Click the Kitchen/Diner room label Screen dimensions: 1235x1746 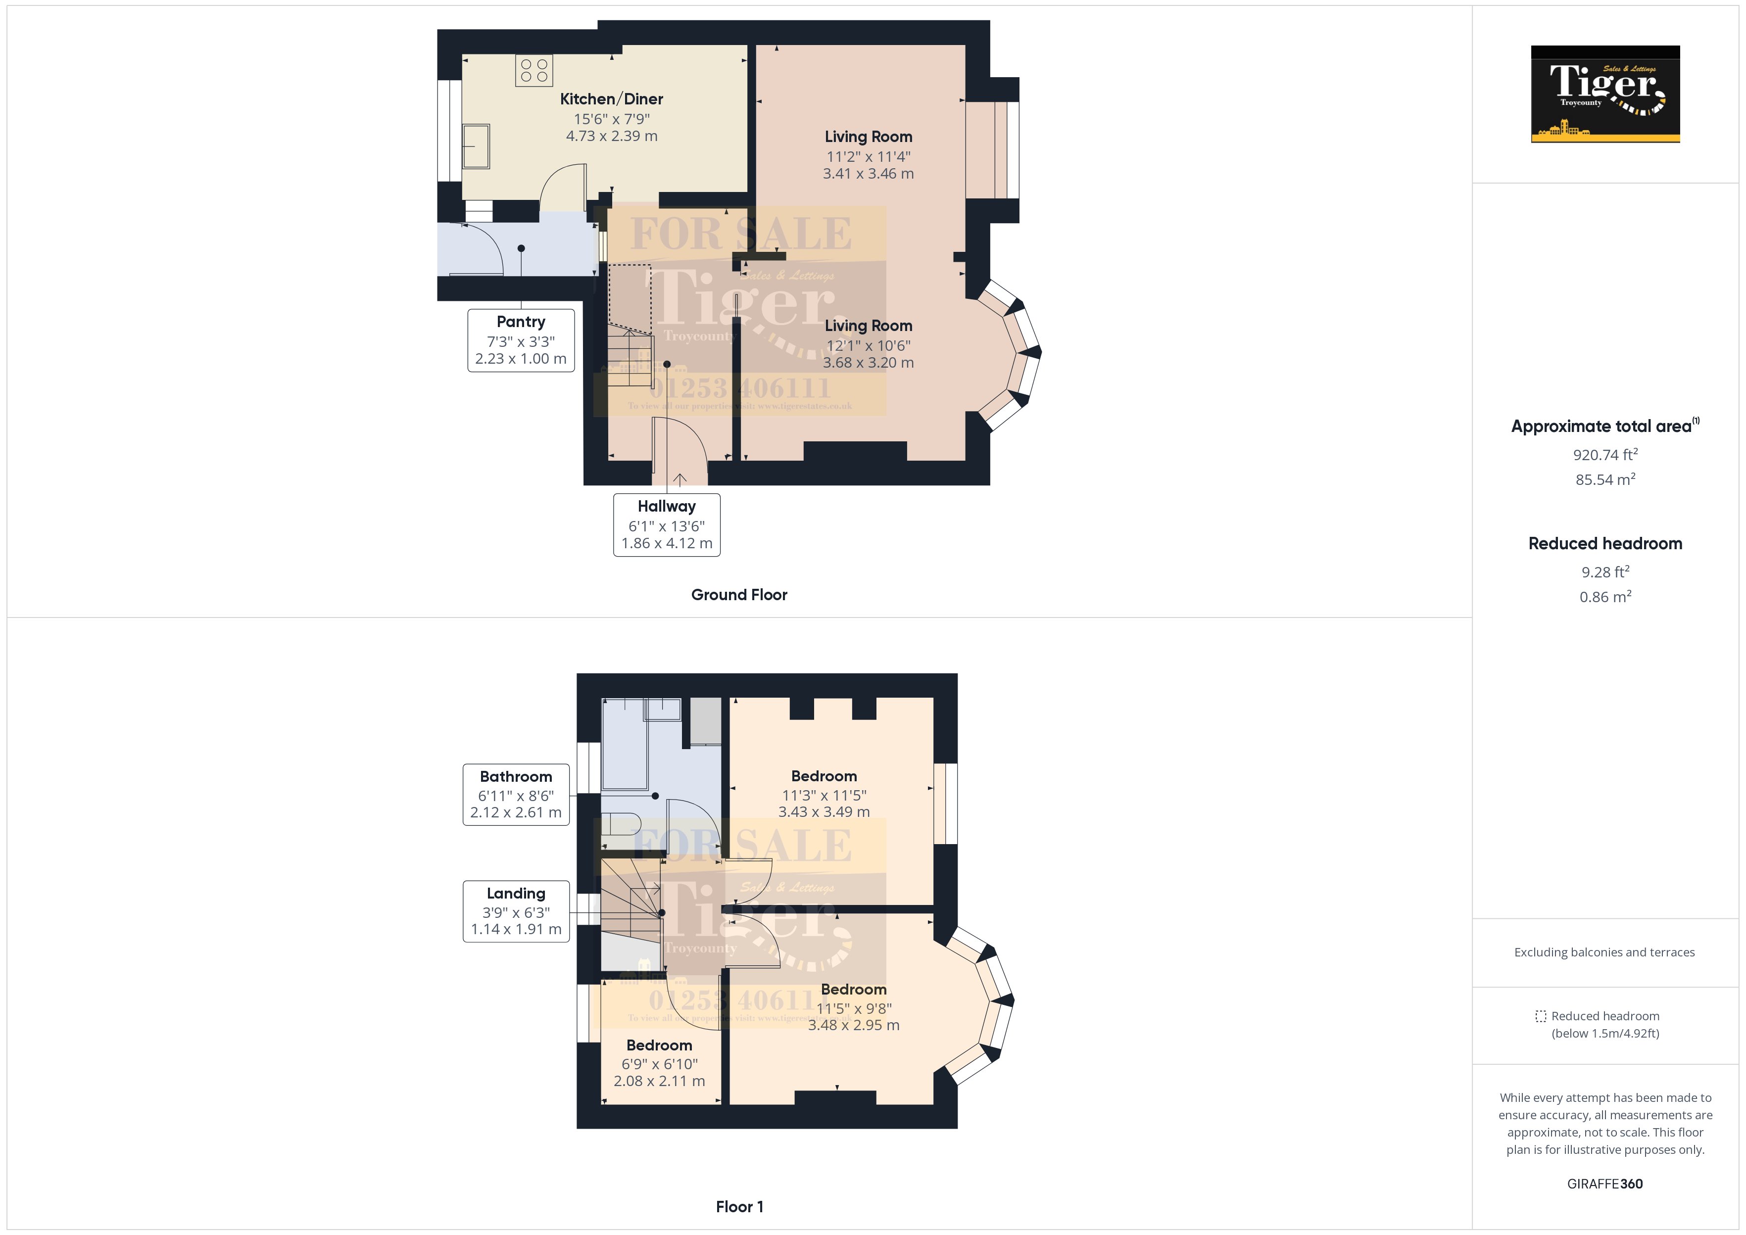click(x=611, y=99)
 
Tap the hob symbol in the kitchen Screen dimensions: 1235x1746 click(x=534, y=71)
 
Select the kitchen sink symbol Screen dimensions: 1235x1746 click(x=476, y=146)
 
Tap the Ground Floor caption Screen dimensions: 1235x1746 click(x=738, y=595)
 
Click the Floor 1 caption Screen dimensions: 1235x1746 click(x=738, y=1206)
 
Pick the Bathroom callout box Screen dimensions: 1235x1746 click(x=516, y=794)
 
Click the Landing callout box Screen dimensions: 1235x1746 click(x=516, y=910)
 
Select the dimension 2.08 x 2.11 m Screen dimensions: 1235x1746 click(x=659, y=1081)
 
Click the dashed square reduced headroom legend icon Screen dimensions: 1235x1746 click(x=1540, y=1016)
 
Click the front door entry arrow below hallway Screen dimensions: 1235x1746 click(x=680, y=479)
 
